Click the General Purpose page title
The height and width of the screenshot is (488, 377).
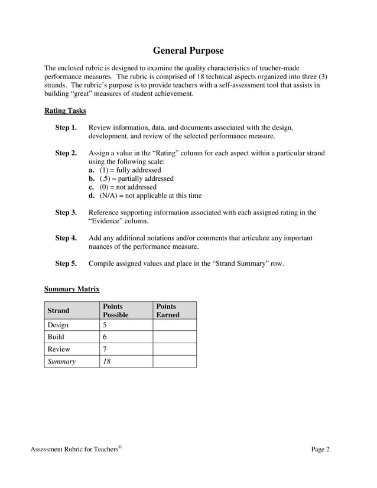[188, 51]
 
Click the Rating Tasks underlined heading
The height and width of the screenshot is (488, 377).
[65, 110]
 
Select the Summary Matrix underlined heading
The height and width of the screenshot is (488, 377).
[71, 289]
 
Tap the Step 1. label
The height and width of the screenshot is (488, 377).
[66, 128]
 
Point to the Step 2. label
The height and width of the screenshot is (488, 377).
[66, 153]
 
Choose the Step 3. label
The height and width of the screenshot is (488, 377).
[66, 213]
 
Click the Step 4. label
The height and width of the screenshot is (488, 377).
[66, 238]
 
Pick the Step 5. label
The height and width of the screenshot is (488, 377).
[66, 263]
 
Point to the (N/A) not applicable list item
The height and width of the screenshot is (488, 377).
[145, 196]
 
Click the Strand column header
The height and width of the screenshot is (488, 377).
[58, 311]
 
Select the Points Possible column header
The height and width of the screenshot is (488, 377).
[115, 311]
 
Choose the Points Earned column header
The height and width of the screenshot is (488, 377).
[167, 311]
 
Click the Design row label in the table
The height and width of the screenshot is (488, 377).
[58, 325]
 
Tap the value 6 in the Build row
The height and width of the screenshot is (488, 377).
[105, 337]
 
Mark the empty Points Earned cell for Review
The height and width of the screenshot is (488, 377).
[174, 349]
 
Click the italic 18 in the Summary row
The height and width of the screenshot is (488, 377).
[107, 362]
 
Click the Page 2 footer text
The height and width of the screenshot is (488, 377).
[320, 450]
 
